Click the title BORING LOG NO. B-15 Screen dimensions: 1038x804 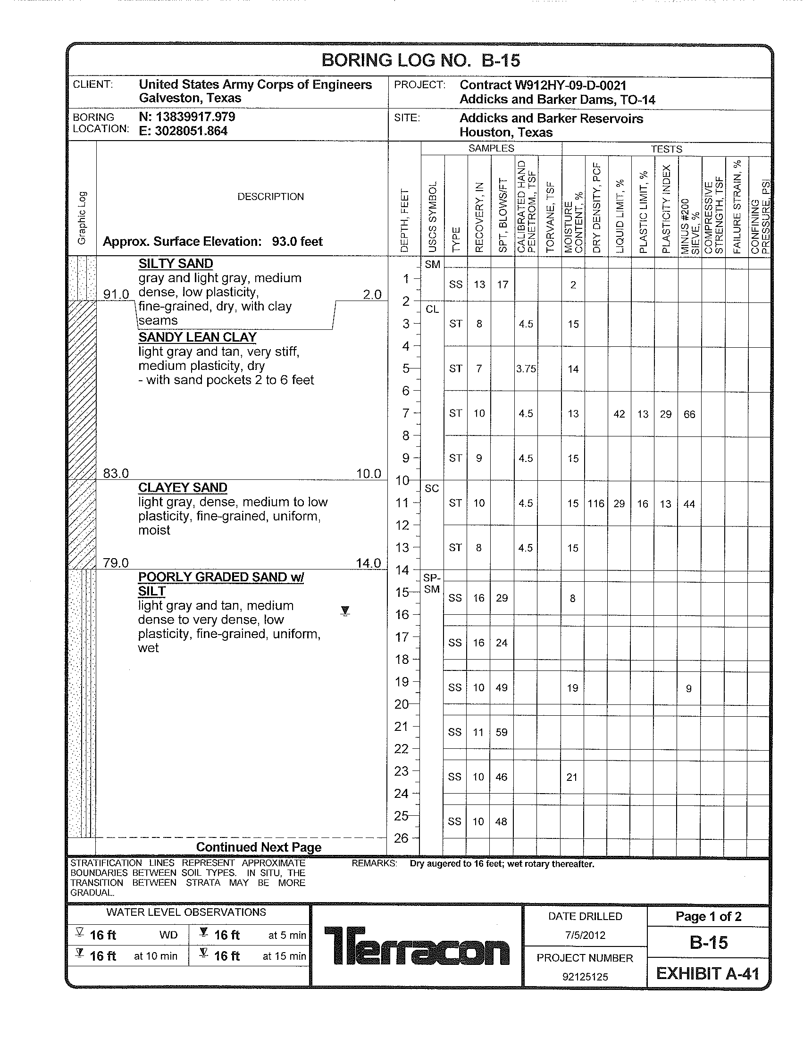tap(420, 60)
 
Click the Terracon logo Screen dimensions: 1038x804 tap(416, 946)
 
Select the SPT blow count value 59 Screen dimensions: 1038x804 tap(501, 732)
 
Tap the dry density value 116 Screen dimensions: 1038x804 tap(595, 503)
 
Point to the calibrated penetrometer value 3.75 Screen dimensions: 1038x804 tap(526, 369)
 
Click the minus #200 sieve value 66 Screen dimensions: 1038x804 tap(689, 414)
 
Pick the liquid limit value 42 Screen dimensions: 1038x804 tap(619, 414)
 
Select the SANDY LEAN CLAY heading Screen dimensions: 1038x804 tap(197, 337)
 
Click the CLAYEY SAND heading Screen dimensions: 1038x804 tap(183, 488)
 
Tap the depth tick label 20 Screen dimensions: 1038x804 tap(402, 704)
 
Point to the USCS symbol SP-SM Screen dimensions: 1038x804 tap(431, 584)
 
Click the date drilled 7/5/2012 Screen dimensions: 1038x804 tap(585, 935)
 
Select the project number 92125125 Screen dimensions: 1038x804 tap(585, 977)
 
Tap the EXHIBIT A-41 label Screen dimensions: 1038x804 tap(708, 974)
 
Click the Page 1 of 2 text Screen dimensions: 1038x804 tap(708, 916)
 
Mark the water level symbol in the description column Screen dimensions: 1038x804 tap(345, 611)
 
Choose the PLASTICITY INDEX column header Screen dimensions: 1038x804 tap(666, 209)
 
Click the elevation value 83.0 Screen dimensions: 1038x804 tap(116, 473)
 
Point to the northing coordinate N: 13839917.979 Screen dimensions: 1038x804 tap(187, 117)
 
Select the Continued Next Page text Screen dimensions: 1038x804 tap(259, 847)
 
